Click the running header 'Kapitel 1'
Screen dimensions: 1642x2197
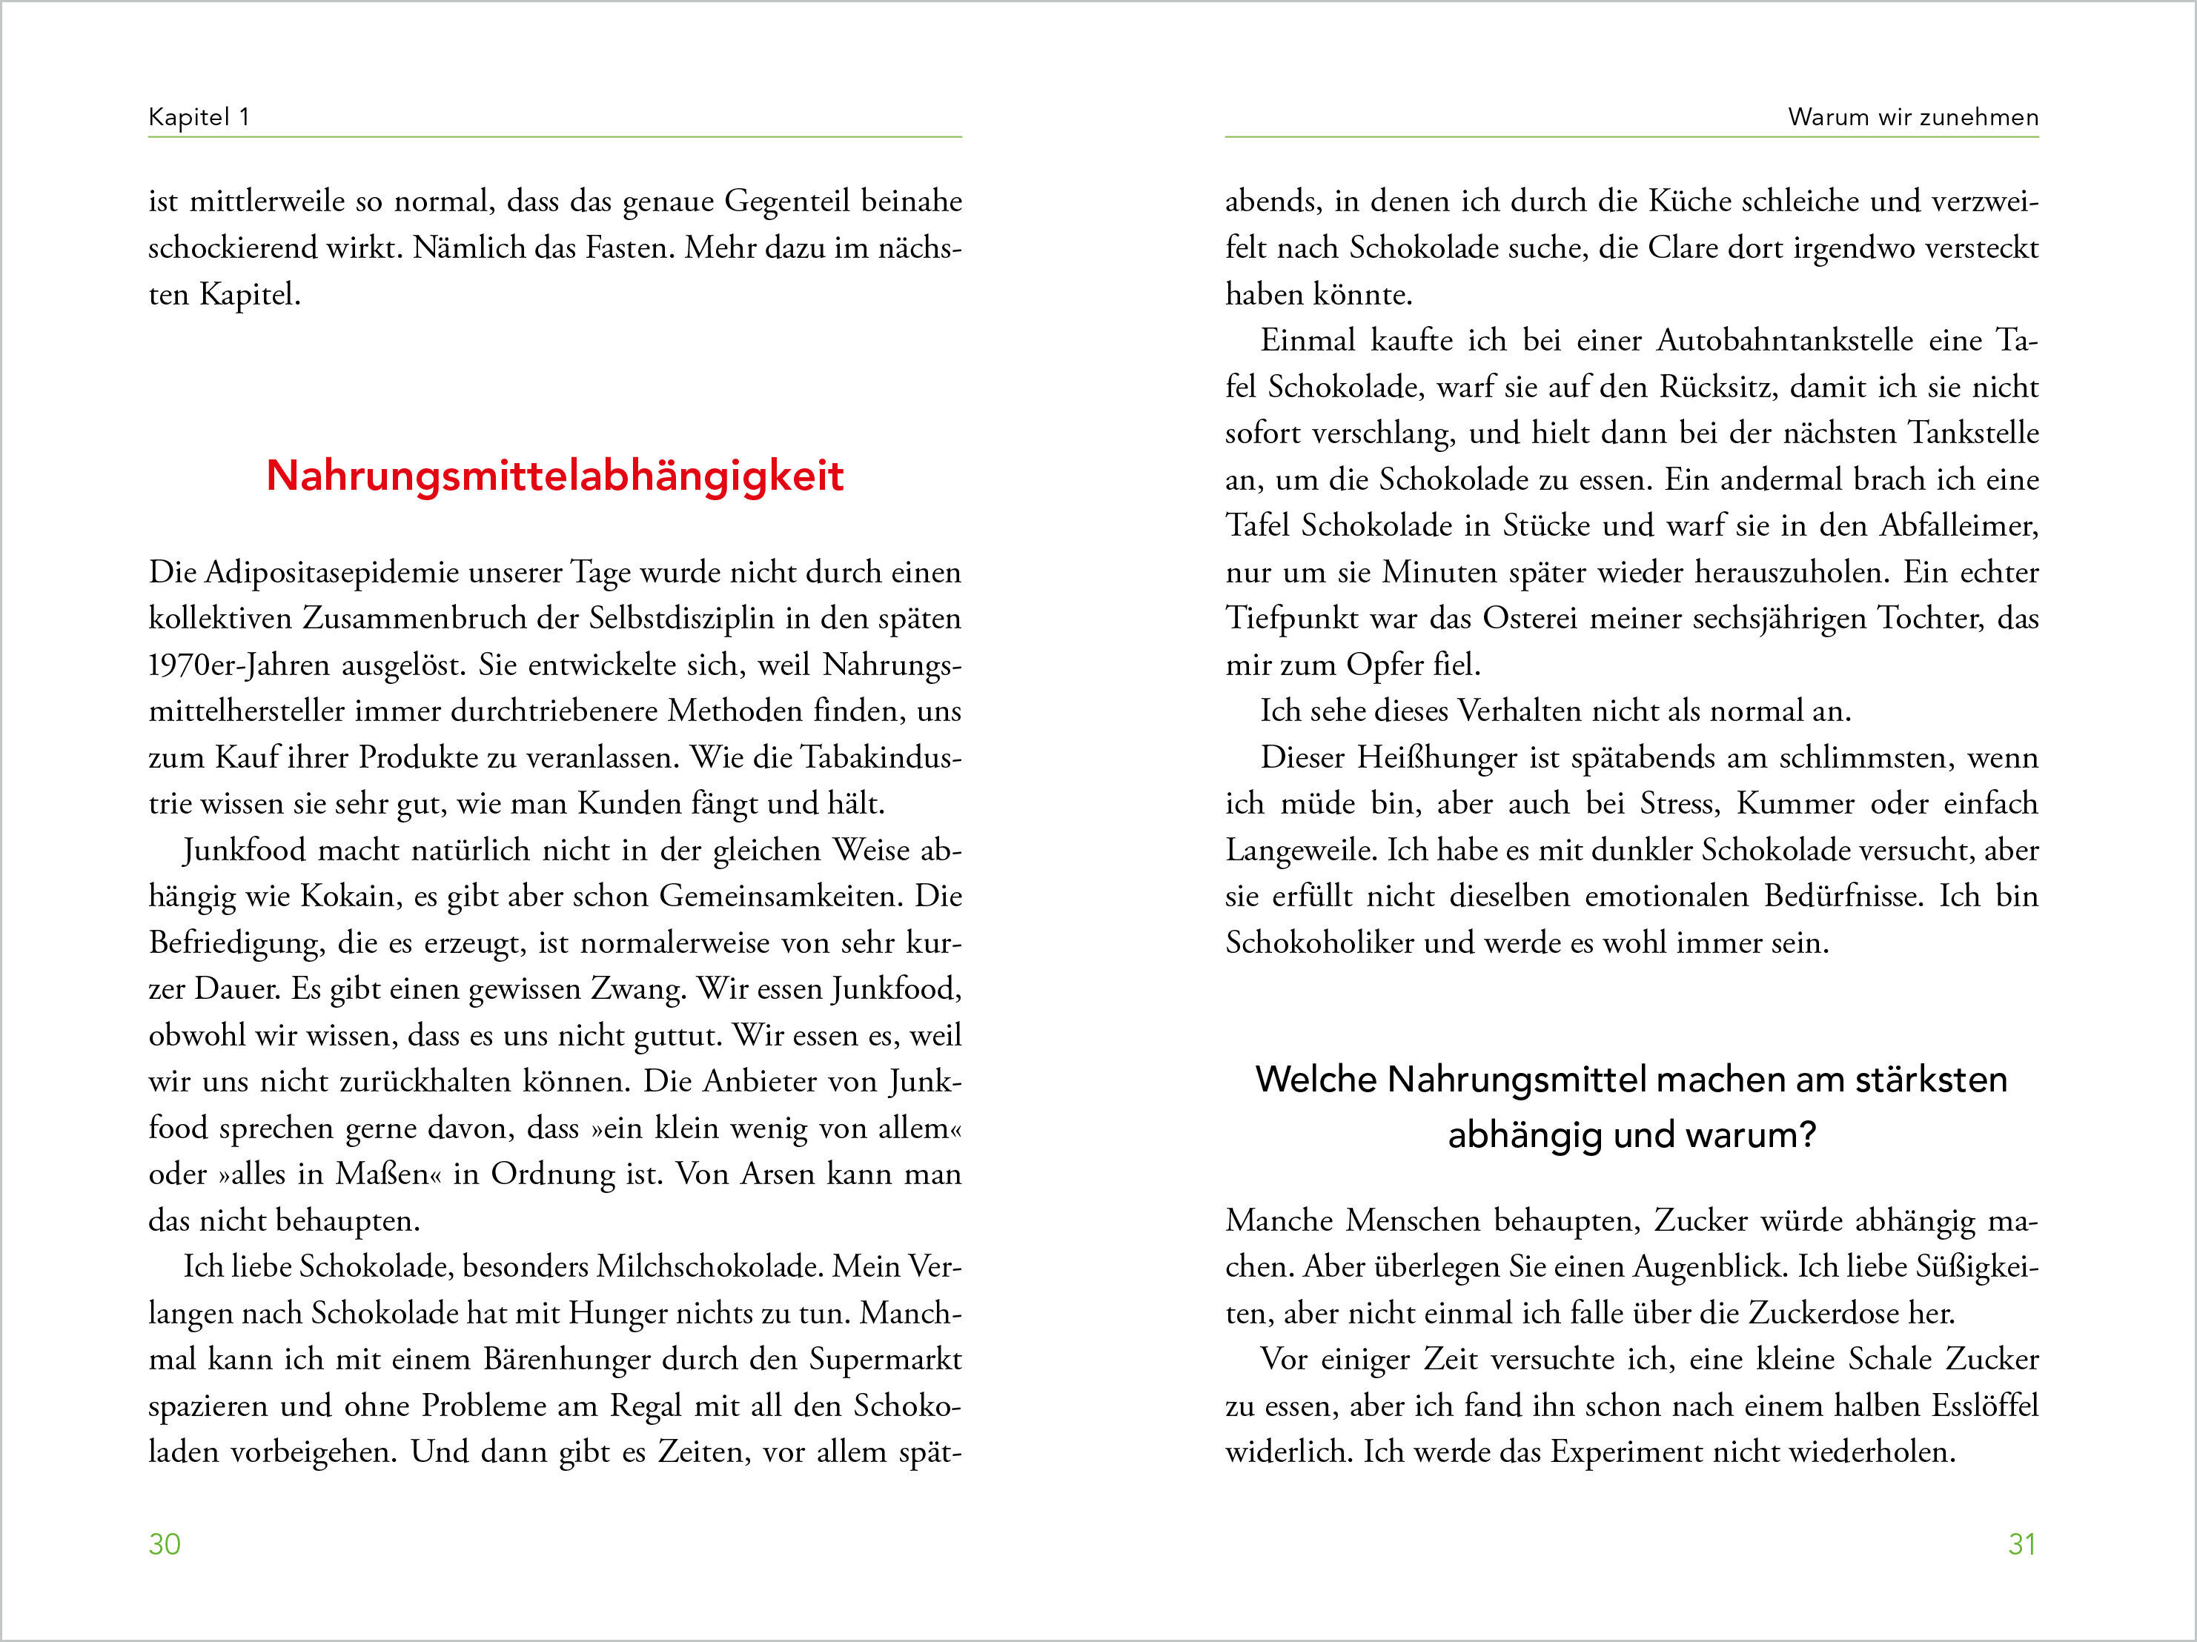coord(199,117)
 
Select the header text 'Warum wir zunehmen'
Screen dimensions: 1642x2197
coord(1913,117)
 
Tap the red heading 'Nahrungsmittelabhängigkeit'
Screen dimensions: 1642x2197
coord(554,476)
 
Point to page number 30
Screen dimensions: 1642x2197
coord(165,1543)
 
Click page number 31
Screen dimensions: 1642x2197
coord(2022,1543)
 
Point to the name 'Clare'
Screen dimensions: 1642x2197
coord(1683,248)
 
